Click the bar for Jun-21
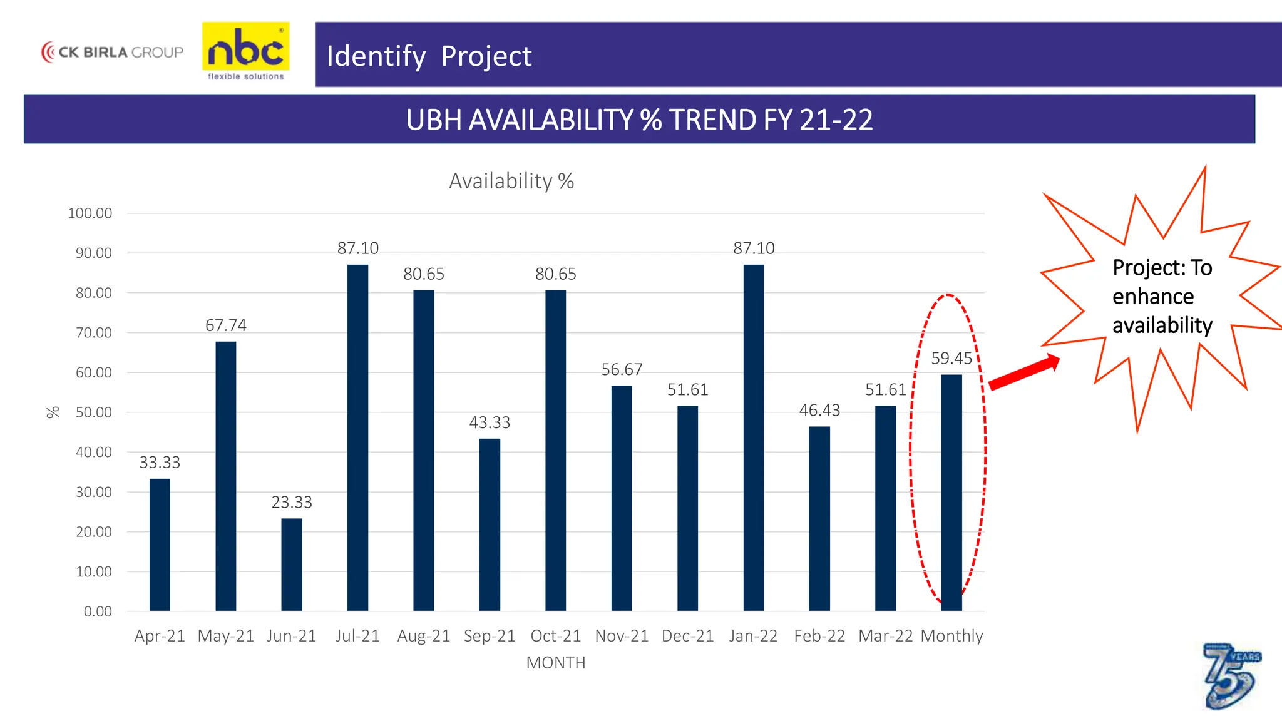(292, 565)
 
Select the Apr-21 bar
(160, 545)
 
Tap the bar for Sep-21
(490, 524)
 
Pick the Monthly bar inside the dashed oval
(951, 493)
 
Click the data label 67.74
(226, 325)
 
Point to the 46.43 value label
(819, 411)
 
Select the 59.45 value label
(951, 359)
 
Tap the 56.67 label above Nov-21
(622, 370)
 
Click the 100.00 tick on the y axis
(90, 213)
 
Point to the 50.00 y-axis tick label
(94, 412)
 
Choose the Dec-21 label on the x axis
(687, 636)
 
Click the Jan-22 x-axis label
(753, 636)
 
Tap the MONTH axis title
(556, 663)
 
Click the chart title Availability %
(511, 182)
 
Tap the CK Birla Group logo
(113, 52)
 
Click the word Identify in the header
(376, 56)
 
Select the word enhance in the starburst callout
(1153, 297)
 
